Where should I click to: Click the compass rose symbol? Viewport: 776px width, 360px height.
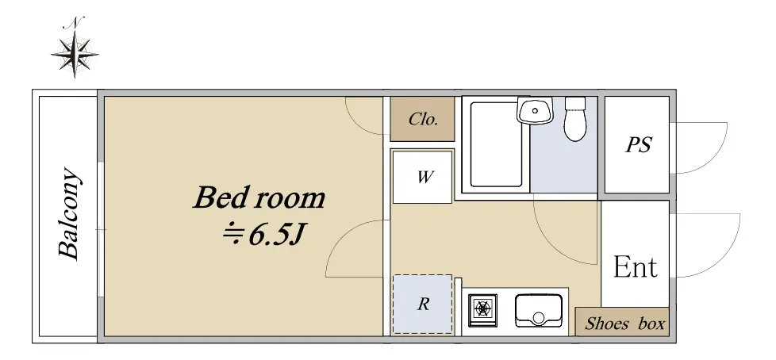coord(75,53)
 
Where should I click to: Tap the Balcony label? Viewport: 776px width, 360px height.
coord(69,213)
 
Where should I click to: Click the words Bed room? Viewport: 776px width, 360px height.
coord(259,197)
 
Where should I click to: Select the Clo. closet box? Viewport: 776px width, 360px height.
coord(422,119)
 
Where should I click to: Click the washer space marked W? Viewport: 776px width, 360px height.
coord(423,177)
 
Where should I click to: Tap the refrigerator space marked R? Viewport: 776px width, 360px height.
coord(423,304)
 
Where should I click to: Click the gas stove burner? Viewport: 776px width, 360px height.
coord(483,309)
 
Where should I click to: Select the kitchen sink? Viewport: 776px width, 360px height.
coord(539,311)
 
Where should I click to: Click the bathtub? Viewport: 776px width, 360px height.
coord(496,144)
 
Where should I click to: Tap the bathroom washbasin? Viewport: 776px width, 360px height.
coord(535,109)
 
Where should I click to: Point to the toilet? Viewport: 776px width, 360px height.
coord(575,119)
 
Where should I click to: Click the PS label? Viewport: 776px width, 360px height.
coord(639,145)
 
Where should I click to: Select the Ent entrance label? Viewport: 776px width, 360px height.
coord(636,267)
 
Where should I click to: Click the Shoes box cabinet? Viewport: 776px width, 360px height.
coord(622,322)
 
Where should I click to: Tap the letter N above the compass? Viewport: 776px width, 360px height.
coord(75,22)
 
